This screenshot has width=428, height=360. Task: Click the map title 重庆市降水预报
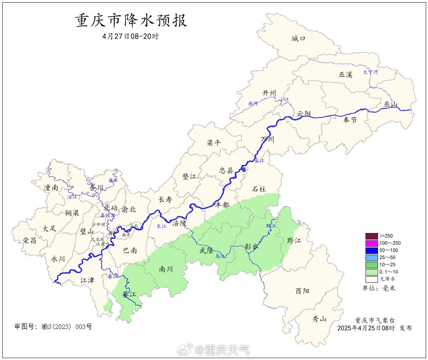pos(131,21)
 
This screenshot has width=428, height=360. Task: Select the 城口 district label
pos(298,38)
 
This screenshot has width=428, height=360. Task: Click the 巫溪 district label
pos(345,75)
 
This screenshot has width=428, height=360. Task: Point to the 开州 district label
pos(269,93)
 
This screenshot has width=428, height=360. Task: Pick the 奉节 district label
pos(350,120)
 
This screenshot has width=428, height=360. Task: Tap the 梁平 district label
pos(214,143)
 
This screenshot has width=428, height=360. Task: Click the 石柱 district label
pos(259,189)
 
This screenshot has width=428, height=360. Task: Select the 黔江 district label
pos(294,240)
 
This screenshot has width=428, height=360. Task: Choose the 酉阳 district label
pos(302,291)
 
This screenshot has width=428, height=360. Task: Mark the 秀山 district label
pos(319,319)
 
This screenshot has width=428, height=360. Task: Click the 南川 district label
pos(166,269)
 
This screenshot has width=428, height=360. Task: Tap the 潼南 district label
pos(51,187)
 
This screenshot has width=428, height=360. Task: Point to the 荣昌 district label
pos(30,240)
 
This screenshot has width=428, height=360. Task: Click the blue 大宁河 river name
pos(370,72)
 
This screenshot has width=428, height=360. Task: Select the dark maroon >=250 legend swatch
pos(372,236)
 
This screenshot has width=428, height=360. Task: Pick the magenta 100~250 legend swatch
pos(372,243)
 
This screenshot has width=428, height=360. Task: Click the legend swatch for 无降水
pos(372,279)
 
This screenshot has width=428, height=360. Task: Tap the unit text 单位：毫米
pos(378,288)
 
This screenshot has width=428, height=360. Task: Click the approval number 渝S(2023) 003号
pos(53,326)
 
